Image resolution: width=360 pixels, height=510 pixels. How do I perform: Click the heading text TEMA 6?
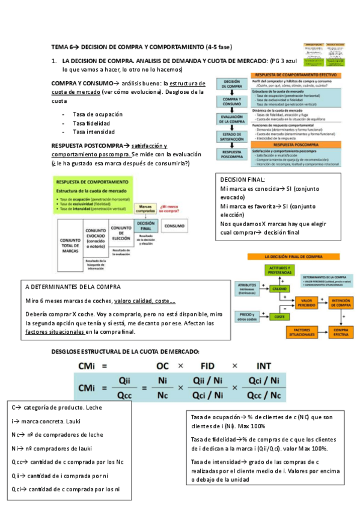[62, 46]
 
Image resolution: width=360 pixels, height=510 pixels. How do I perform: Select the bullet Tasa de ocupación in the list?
[97, 114]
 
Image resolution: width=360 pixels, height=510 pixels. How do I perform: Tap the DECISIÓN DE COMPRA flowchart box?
[232, 84]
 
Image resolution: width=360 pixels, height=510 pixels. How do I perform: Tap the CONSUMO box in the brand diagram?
[175, 226]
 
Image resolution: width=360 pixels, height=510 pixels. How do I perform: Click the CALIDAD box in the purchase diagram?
[279, 289]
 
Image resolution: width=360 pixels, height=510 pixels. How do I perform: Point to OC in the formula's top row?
[163, 365]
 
